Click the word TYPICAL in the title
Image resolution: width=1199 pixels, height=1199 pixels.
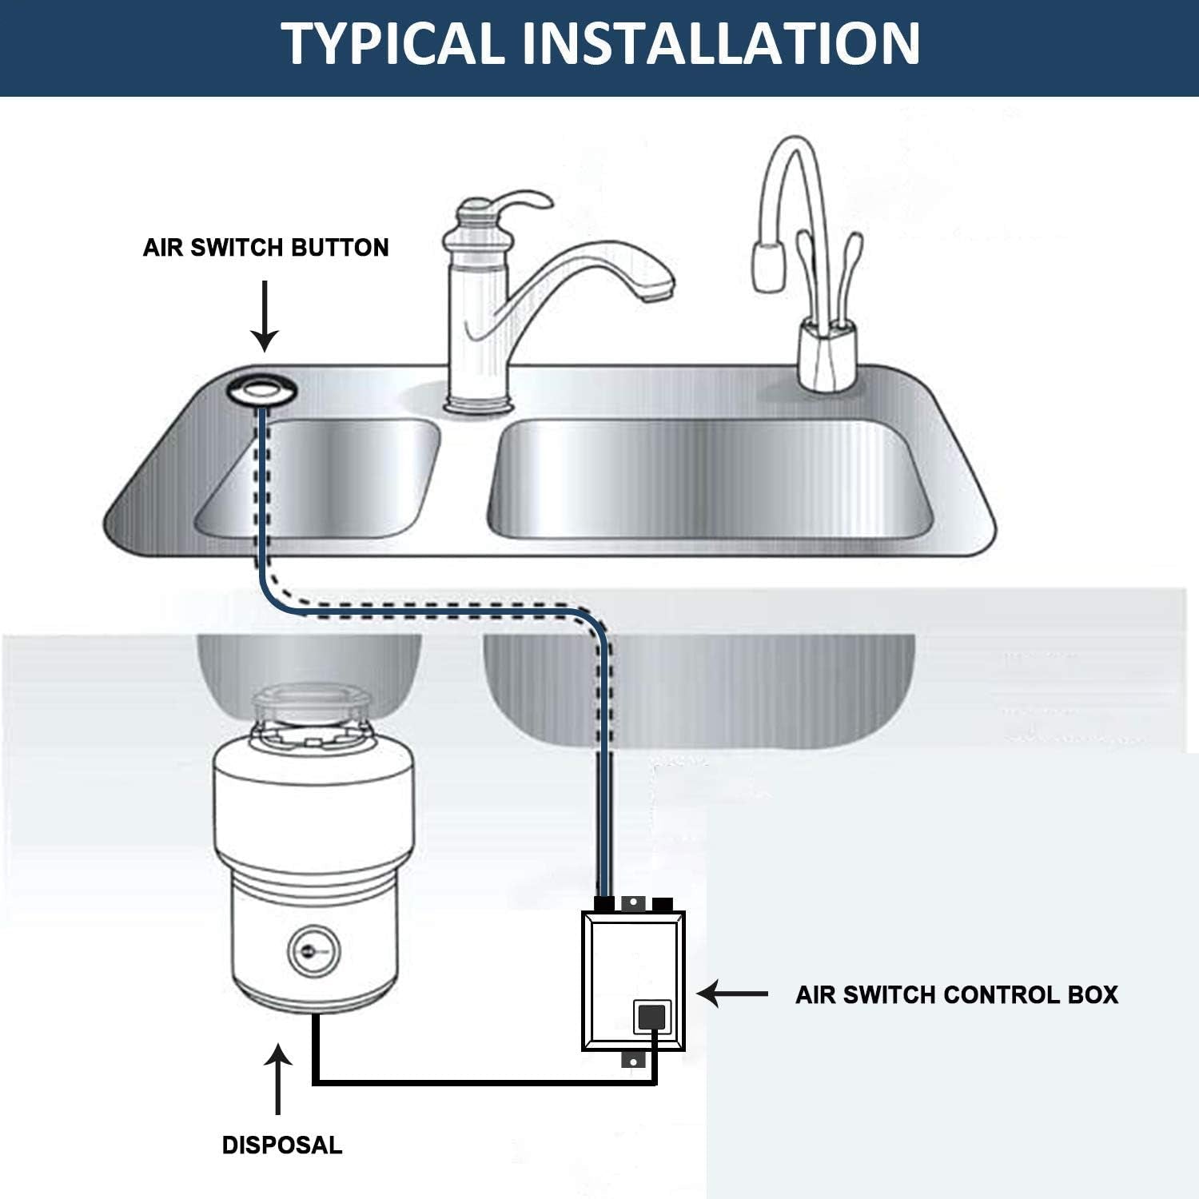tap(392, 44)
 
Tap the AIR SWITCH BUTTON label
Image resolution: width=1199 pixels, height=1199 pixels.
tap(265, 248)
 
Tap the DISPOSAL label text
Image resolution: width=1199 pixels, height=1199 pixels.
tap(281, 1145)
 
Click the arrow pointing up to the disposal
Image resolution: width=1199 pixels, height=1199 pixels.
tap(277, 1079)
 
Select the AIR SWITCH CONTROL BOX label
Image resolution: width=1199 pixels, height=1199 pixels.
tap(956, 994)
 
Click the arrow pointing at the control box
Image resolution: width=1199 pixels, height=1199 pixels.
tap(731, 994)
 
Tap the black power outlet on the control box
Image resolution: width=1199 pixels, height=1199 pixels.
tap(651, 1018)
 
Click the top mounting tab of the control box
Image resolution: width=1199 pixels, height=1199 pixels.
tap(632, 902)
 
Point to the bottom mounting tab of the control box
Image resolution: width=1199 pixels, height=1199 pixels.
tap(632, 1061)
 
